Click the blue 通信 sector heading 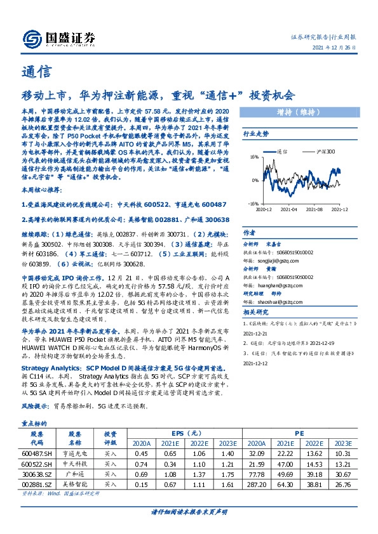coord(32,70)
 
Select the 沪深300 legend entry coord(325,152)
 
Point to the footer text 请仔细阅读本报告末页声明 coord(189,511)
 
